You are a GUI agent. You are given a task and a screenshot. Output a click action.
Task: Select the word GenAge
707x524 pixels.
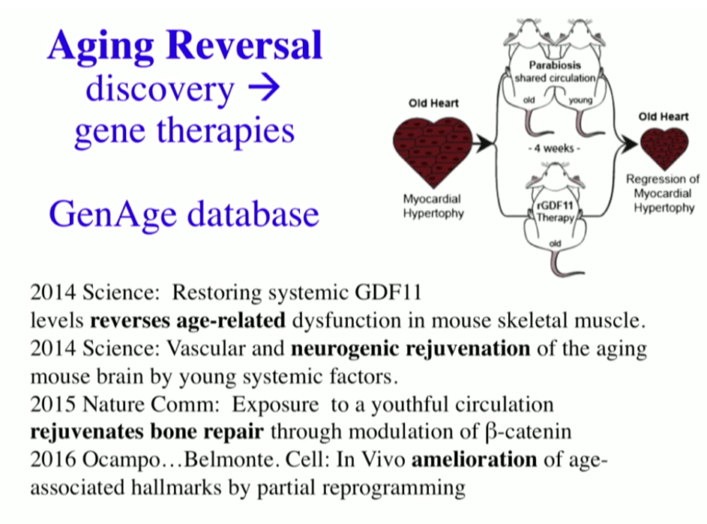101,214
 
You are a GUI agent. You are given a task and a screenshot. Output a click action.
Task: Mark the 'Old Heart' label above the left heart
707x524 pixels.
434,102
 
